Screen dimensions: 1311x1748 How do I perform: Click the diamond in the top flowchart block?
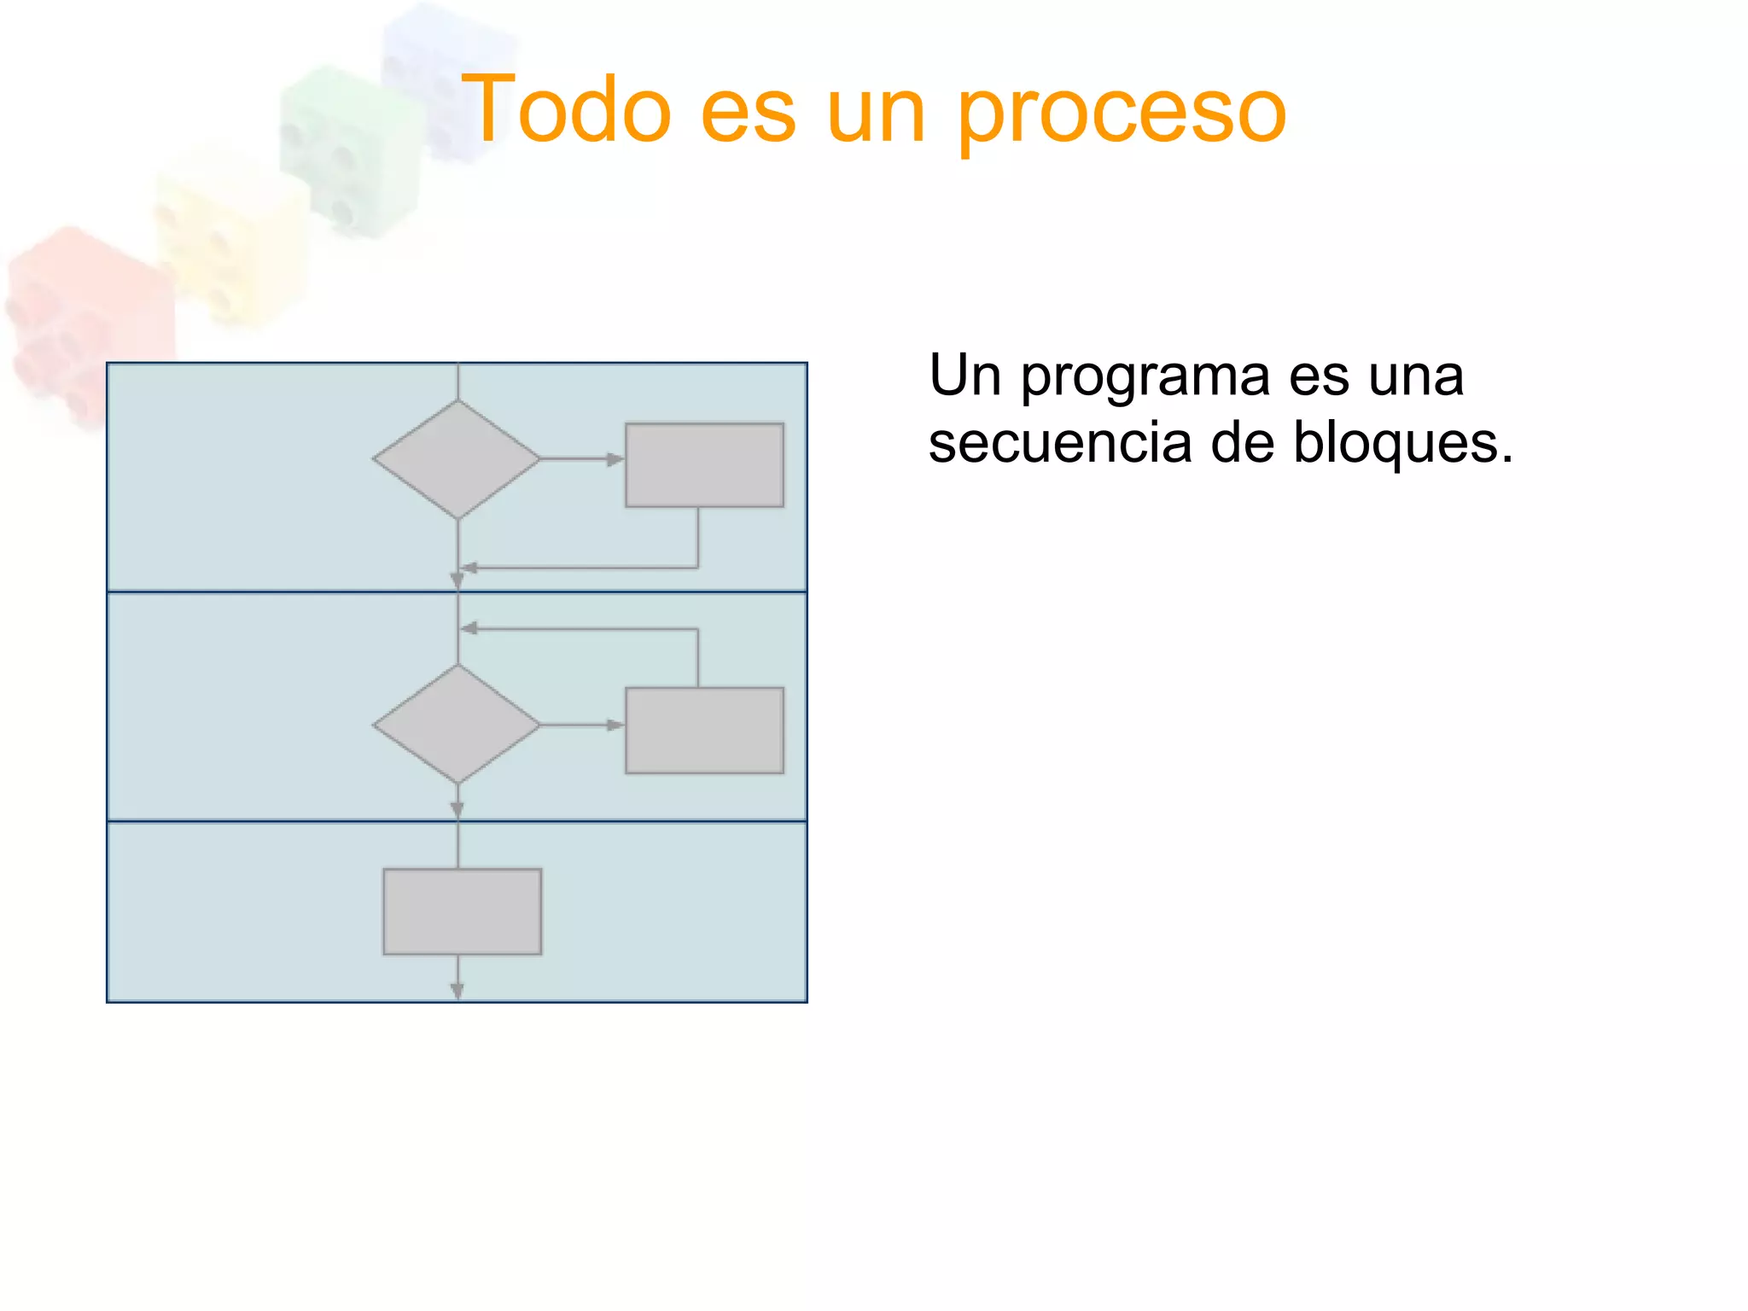pyautogui.click(x=457, y=459)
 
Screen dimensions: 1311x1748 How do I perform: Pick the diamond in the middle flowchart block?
pyautogui.click(x=457, y=724)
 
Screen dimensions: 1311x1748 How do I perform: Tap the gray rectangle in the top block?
pyautogui.click(x=704, y=465)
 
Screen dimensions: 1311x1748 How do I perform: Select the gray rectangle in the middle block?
pyautogui.click(x=704, y=731)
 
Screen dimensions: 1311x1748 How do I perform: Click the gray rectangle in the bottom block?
pyautogui.click(x=462, y=912)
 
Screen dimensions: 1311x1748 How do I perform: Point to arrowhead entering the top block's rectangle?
pyautogui.click(x=615, y=459)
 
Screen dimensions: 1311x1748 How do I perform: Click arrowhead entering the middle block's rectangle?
pyautogui.click(x=615, y=725)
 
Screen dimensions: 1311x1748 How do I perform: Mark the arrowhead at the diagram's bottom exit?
pyautogui.click(x=457, y=990)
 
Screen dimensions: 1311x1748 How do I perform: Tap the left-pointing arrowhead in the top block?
pyautogui.click(x=469, y=568)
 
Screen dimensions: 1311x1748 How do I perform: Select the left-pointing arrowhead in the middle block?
pyautogui.click(x=469, y=629)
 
